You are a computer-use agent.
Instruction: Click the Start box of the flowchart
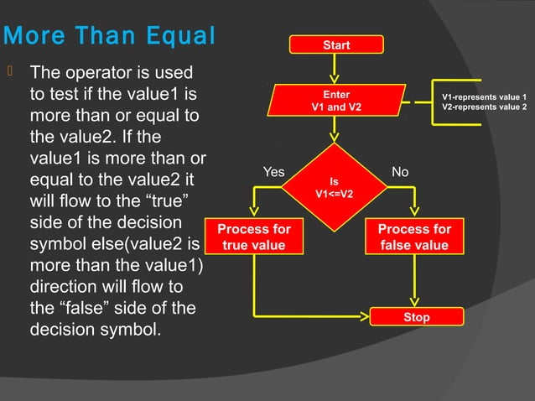tap(336, 44)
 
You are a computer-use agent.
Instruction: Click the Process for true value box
tap(253, 237)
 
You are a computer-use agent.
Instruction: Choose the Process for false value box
tap(414, 237)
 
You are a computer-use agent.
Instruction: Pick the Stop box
tap(416, 316)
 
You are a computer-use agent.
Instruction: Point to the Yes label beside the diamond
tap(273, 172)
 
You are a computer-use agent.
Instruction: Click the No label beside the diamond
tap(400, 172)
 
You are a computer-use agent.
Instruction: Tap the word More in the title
tap(39, 38)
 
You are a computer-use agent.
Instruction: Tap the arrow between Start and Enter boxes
tap(336, 67)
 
